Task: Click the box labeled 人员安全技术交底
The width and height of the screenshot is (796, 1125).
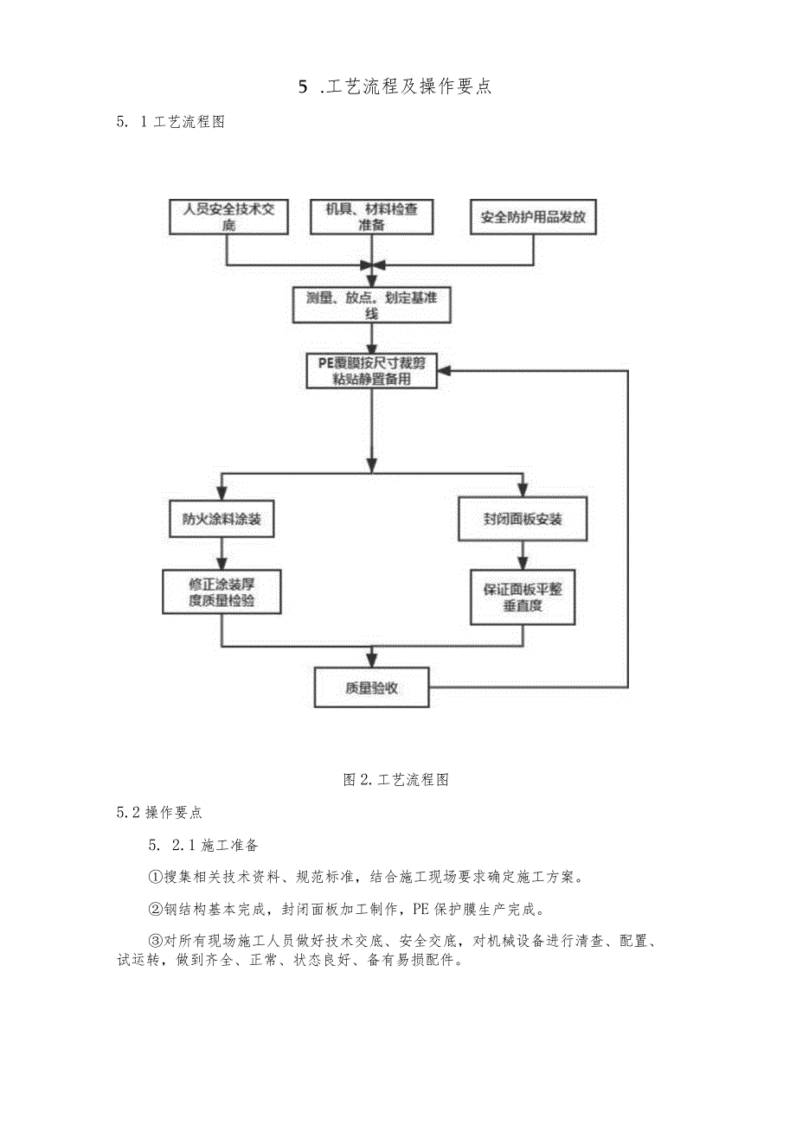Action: (228, 217)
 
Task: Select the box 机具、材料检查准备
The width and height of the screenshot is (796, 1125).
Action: (371, 217)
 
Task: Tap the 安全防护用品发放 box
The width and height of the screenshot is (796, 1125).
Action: (533, 217)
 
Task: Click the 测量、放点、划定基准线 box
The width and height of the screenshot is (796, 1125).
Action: (371, 305)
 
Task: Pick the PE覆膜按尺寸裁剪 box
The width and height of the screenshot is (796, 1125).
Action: (371, 370)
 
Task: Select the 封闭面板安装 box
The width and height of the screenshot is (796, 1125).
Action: (523, 519)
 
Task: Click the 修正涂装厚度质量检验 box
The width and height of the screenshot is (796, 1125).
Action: (222, 592)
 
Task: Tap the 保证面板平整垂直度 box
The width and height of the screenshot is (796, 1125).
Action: (523, 597)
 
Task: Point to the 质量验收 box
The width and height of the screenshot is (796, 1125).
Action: (371, 687)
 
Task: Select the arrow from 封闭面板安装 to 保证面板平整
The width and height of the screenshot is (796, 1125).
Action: (523, 555)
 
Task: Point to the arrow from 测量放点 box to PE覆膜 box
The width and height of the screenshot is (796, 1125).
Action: (371, 339)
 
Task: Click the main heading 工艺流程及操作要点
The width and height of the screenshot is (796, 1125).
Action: (395, 86)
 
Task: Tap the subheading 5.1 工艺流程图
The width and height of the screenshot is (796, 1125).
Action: (170, 122)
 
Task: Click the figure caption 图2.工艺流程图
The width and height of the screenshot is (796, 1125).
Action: (395, 779)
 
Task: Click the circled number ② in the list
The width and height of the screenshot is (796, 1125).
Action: (156, 909)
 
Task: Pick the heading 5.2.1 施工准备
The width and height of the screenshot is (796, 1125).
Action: (204, 844)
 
